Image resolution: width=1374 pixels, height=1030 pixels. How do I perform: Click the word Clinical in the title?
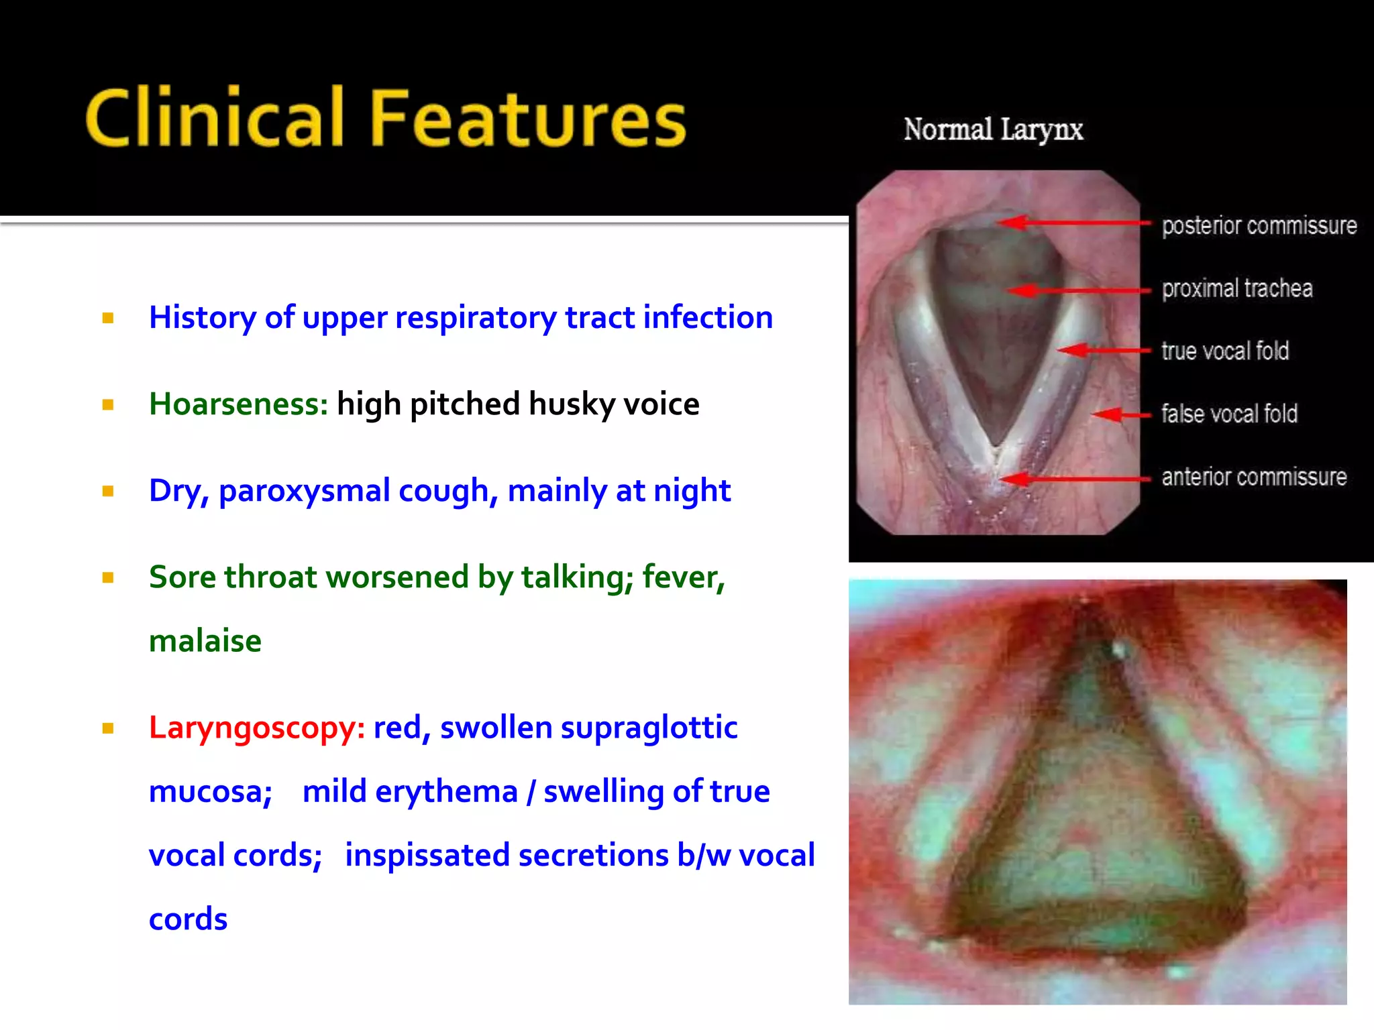pos(215,119)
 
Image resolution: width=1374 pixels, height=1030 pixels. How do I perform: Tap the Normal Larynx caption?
pos(993,129)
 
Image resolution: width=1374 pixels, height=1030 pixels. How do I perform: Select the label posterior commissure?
pos(1259,226)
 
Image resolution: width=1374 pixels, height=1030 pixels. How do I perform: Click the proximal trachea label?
pos(1236,288)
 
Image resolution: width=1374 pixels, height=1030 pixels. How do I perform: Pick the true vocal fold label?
pos(1224,351)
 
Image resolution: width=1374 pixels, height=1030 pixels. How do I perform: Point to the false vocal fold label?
pos(1228,414)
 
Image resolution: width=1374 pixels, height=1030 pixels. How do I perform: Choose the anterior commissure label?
pos(1253,477)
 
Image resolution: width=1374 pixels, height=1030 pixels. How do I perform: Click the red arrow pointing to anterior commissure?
pos(1073,478)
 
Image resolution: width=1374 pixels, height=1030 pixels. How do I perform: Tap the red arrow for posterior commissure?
pos(1073,222)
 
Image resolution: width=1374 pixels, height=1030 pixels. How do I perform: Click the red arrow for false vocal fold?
pos(1120,415)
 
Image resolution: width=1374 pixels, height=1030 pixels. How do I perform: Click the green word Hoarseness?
pos(238,404)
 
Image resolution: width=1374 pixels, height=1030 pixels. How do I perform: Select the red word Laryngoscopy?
pos(256,728)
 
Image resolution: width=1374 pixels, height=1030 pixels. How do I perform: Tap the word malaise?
pos(205,641)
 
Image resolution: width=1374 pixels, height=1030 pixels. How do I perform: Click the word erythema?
pos(446,792)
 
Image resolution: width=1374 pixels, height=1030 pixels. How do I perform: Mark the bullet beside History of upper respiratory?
pos(108,318)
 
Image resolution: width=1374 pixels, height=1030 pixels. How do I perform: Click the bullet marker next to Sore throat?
pos(108,577)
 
